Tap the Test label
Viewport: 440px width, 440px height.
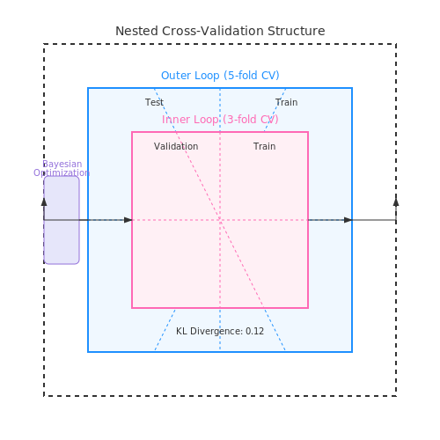click(154, 102)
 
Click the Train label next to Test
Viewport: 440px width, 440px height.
click(286, 102)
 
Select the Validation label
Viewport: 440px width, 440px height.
click(176, 146)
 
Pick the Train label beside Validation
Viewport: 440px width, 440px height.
click(265, 146)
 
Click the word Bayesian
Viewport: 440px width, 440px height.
click(62, 165)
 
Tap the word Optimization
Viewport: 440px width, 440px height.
click(62, 172)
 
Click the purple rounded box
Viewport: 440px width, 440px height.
click(62, 220)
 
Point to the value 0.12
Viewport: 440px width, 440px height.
click(254, 331)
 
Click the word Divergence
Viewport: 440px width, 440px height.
click(216, 332)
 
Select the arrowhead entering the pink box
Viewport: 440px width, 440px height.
click(128, 220)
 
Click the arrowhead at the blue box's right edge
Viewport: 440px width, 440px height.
click(348, 220)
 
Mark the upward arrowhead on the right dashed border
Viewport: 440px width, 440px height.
click(396, 202)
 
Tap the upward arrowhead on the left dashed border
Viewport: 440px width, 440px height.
click(44, 202)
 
